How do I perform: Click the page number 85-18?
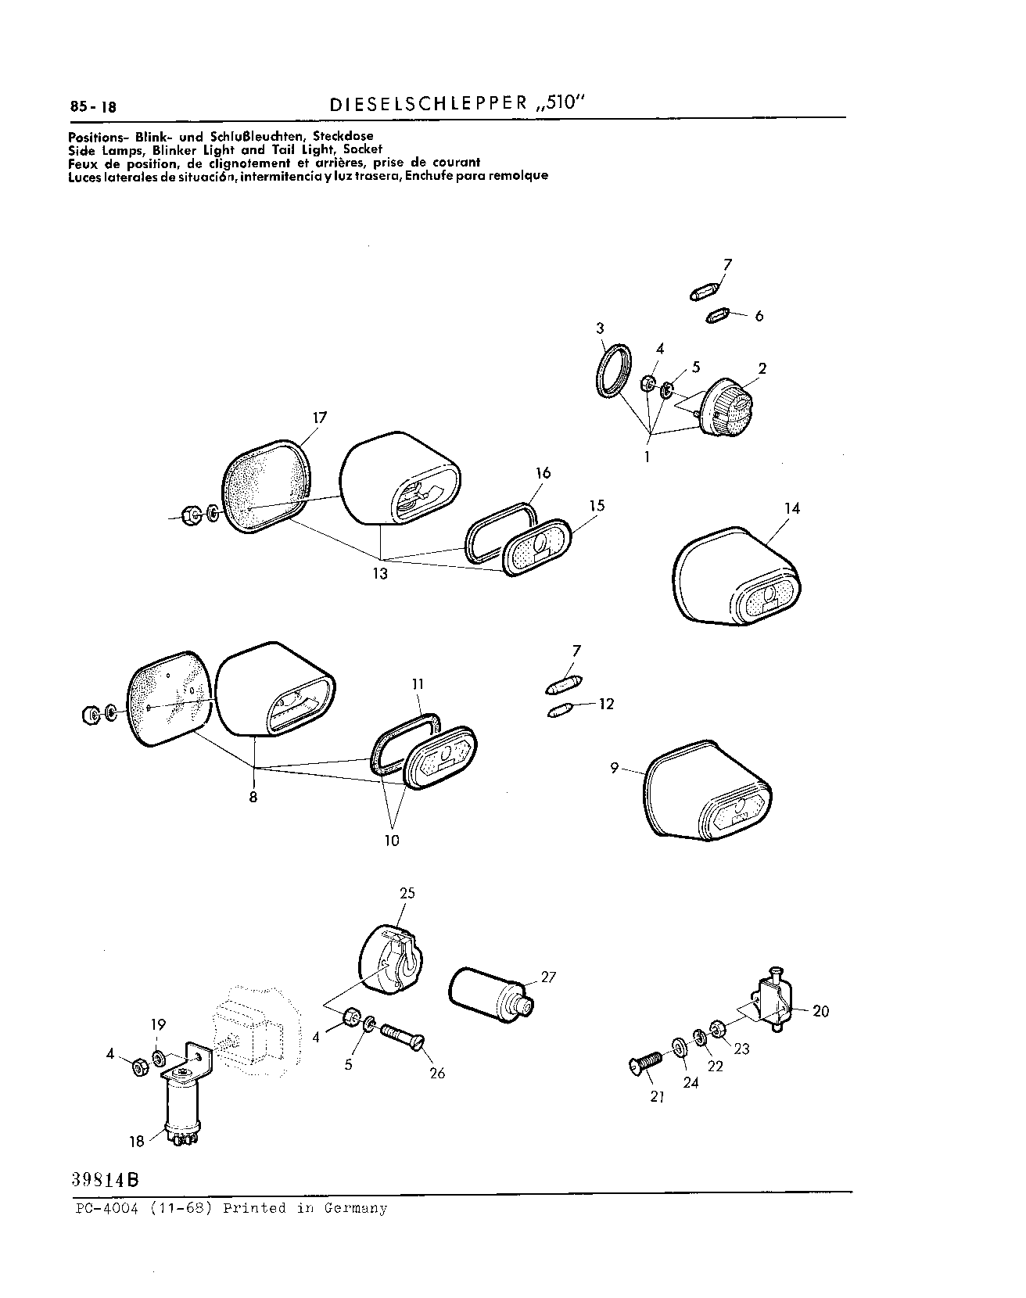coord(93,108)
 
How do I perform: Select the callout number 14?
coord(791,508)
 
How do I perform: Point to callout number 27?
coord(548,977)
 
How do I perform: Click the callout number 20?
coord(820,1011)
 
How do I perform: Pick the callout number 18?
coord(137,1141)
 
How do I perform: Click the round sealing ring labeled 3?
coord(610,371)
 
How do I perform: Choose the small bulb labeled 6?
coord(716,316)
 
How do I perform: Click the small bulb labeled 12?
coord(561,710)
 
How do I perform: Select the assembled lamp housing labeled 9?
coord(709,791)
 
